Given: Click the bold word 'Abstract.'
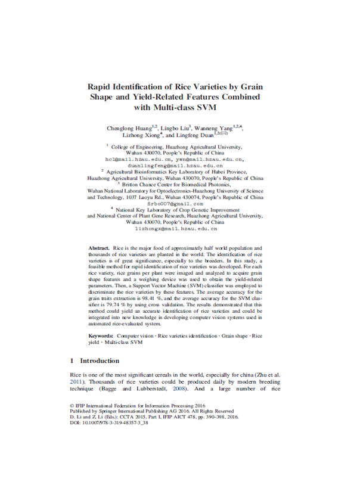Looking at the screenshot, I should pos(98,247).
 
